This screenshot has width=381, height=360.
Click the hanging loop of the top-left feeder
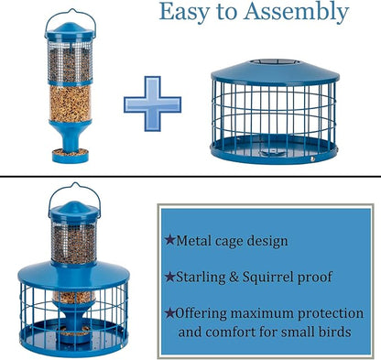coord(73,14)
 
